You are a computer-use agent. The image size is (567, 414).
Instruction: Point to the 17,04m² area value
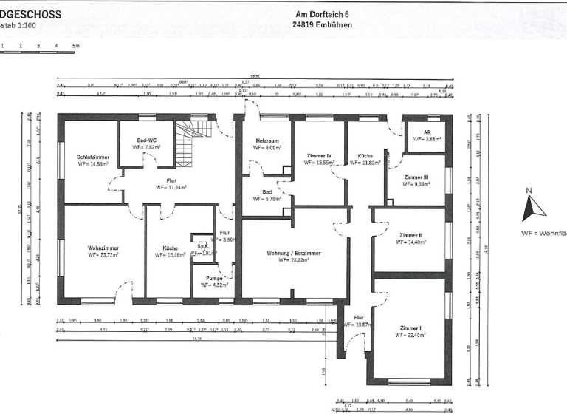pos(171,188)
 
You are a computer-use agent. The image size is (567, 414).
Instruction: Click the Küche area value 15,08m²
pos(171,255)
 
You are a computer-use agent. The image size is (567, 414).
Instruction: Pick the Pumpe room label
pos(214,278)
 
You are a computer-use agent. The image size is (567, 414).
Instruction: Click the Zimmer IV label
pos(320,156)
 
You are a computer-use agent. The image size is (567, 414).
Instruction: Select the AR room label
pos(427,131)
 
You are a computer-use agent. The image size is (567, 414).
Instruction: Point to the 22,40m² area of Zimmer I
pos(411,334)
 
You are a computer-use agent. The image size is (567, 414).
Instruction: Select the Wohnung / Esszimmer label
pos(289,253)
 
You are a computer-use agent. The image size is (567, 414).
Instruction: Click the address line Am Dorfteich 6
pos(322,14)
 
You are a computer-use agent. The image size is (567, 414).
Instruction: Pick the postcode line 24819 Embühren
pos(322,24)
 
